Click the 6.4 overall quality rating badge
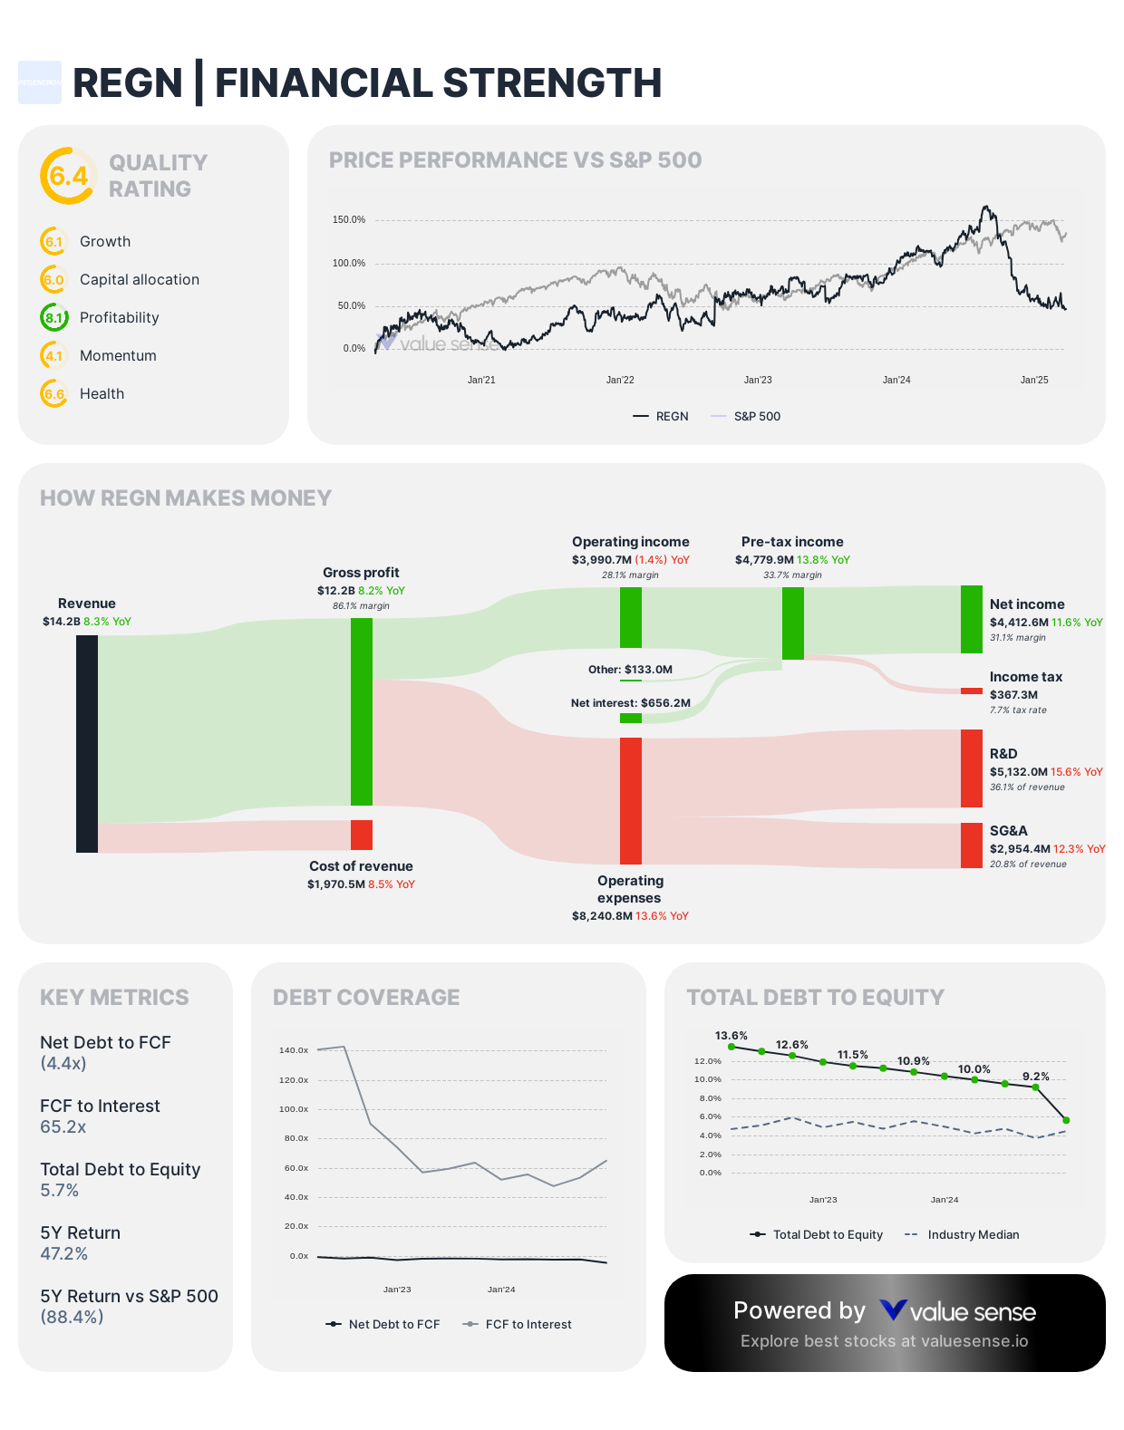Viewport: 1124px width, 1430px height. click(x=68, y=176)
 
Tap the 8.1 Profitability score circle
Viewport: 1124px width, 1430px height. click(x=54, y=318)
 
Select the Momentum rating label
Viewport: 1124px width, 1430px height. click(x=118, y=356)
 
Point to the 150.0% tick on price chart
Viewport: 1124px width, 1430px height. click(x=349, y=220)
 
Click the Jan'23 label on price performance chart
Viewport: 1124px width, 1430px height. click(x=758, y=381)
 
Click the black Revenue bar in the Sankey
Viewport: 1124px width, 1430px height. click(x=87, y=743)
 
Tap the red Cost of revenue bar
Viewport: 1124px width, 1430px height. click(x=361, y=835)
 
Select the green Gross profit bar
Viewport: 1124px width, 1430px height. click(x=361, y=711)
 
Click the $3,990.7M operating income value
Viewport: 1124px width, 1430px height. click(x=601, y=560)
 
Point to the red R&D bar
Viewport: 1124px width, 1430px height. click(x=971, y=768)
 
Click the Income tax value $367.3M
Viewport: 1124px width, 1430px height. click(x=1013, y=695)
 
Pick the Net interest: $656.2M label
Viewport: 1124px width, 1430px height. click(x=630, y=703)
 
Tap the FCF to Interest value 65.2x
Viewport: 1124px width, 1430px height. click(x=63, y=1127)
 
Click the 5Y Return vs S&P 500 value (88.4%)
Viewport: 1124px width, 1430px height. click(x=72, y=1318)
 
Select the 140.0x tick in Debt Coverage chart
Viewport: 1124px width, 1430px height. click(x=294, y=1050)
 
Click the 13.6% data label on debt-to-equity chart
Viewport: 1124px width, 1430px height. click(x=731, y=1036)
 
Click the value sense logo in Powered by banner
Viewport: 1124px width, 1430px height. click(x=958, y=1312)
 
